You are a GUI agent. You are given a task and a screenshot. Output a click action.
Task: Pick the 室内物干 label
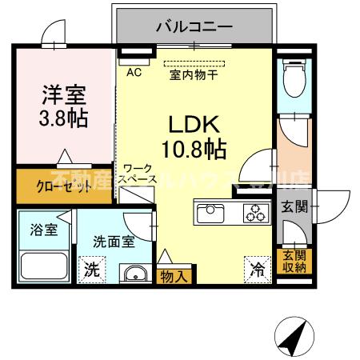196,76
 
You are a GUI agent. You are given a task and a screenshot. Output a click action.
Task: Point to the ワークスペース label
138,174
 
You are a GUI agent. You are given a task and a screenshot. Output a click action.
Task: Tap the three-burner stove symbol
257,214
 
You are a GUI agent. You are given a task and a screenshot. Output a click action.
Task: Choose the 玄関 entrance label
293,206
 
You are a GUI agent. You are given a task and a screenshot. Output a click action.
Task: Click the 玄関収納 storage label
294,261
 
